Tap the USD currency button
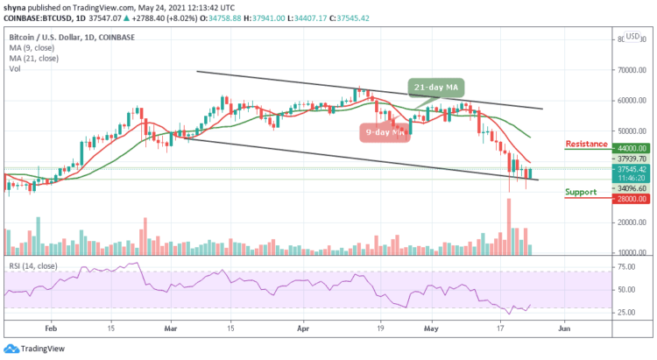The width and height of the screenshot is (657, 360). click(x=632, y=37)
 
